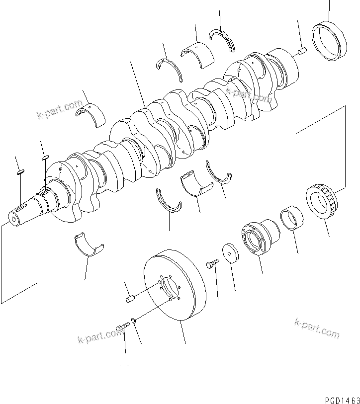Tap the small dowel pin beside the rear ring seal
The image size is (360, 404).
(x=302, y=50)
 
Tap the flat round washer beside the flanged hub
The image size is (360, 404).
(x=230, y=253)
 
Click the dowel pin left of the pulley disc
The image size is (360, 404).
(x=130, y=298)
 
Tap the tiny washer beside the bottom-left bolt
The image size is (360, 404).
(x=133, y=320)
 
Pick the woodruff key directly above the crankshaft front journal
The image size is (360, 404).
(x=45, y=157)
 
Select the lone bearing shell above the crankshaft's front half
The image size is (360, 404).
(x=90, y=113)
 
